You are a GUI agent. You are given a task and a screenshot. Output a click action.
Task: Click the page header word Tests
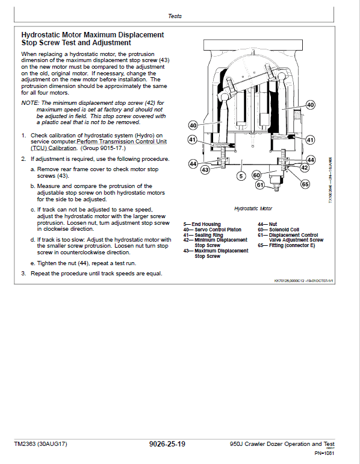coord(175,16)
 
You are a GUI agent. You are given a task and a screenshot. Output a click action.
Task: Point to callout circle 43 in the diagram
coord(205,170)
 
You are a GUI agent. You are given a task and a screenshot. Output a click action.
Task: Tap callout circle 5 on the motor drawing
coord(241,176)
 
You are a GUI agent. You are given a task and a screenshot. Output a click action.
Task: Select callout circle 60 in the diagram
coord(256,174)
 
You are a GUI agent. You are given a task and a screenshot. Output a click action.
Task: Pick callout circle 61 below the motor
coord(259,185)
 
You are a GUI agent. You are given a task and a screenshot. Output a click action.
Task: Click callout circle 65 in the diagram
coord(305,184)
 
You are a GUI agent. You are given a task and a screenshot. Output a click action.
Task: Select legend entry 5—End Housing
coord(202,224)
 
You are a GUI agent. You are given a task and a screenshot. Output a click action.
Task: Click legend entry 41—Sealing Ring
coord(203,234)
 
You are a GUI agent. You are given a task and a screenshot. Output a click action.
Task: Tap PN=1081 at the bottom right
coord(324,453)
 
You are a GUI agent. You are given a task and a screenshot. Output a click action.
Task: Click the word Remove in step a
coord(47,169)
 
